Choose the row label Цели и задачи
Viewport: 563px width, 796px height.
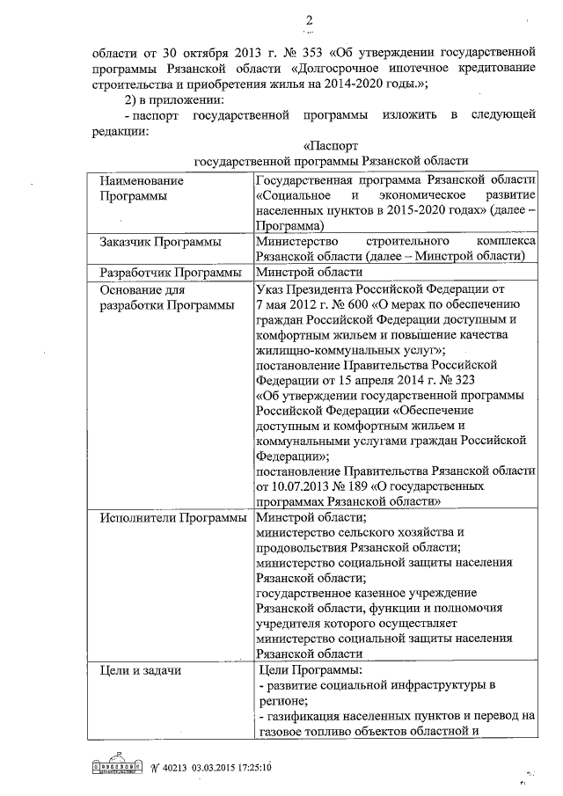pyautogui.click(x=141, y=672)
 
